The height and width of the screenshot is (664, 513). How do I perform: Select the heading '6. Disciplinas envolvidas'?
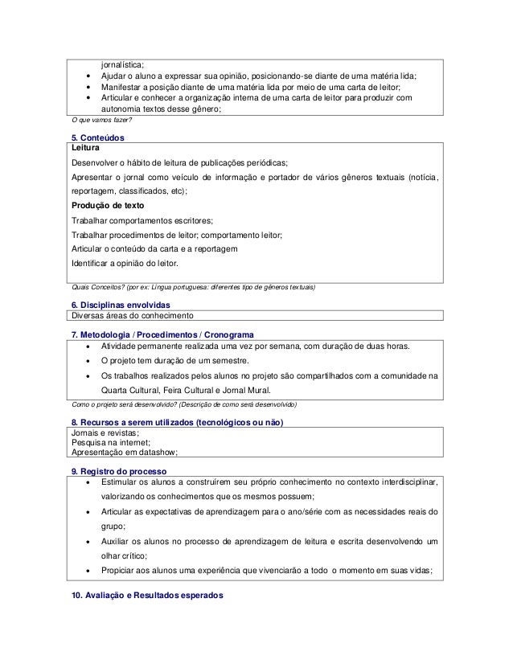click(121, 305)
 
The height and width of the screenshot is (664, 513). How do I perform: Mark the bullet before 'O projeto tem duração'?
click(86, 360)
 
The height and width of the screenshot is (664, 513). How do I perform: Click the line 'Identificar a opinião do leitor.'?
click(127, 264)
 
